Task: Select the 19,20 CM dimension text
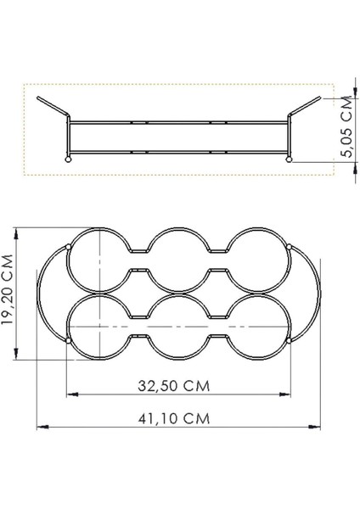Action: (x=11, y=292)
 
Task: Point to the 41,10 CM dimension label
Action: (x=179, y=418)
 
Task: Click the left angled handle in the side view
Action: (x=53, y=108)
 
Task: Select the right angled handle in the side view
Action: (x=306, y=109)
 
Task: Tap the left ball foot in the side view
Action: (x=69, y=158)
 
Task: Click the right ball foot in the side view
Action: (x=290, y=158)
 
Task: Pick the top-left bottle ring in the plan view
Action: (x=100, y=260)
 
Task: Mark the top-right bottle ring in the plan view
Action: (x=258, y=260)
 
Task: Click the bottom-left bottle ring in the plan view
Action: (x=100, y=326)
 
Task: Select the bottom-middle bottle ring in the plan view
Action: (x=179, y=327)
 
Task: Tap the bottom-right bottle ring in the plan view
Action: (x=258, y=326)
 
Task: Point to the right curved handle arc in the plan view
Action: (x=318, y=293)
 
